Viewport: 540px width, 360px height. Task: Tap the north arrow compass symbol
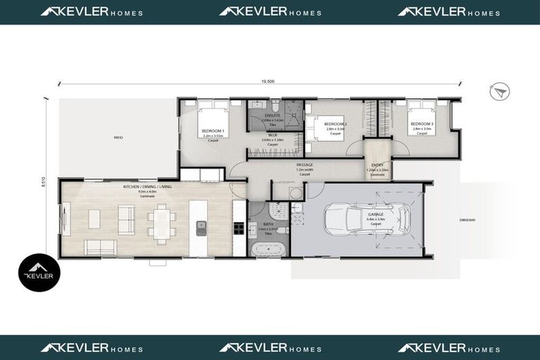[x=501, y=91]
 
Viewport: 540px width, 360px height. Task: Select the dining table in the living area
[x=162, y=224]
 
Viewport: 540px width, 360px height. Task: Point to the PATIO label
[x=118, y=138]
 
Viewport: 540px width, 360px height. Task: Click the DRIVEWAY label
[x=468, y=220]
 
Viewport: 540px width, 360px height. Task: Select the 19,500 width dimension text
[x=267, y=82]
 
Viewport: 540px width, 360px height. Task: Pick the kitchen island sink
[x=201, y=227]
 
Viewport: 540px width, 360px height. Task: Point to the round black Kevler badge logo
[x=39, y=273]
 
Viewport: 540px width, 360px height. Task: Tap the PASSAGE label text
[x=304, y=165]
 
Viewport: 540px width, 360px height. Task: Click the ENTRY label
[x=376, y=166]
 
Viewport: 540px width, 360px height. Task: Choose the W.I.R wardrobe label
[x=271, y=134]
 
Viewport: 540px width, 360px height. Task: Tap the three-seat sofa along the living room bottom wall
[x=101, y=247]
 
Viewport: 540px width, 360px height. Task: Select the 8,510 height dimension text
[x=44, y=181]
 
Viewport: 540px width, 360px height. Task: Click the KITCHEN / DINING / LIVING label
[x=148, y=186]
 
